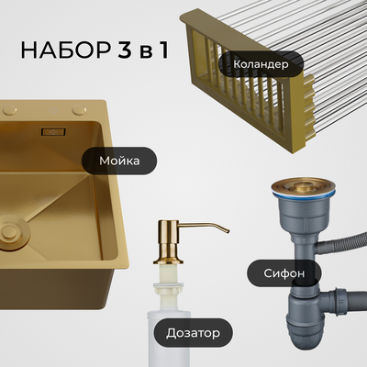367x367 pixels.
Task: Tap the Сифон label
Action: [285, 273]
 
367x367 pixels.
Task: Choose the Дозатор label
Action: [193, 329]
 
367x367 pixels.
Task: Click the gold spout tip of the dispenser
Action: [224, 230]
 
